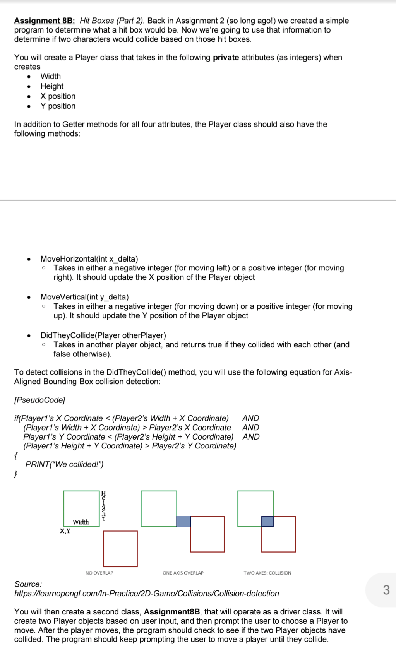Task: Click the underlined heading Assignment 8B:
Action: tap(45, 21)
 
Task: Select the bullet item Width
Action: tap(50, 76)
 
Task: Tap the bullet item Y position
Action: tap(58, 106)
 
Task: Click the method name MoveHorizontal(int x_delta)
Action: tap(89, 259)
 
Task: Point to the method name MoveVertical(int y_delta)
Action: tap(84, 297)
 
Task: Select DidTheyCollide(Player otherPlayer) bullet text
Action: tap(103, 335)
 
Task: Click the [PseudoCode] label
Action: tap(39, 400)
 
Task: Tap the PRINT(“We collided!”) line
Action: tap(64, 464)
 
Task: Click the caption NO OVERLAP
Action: tap(99, 573)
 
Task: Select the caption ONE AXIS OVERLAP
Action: tap(183, 573)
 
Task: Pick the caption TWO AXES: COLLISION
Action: tap(267, 573)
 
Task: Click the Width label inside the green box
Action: tap(81, 522)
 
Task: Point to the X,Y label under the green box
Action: tap(65, 531)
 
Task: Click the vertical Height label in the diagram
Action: tap(103, 506)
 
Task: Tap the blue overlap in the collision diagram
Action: tap(267, 521)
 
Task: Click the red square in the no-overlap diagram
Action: tap(120, 549)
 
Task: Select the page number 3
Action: tap(386, 590)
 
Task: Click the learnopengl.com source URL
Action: tap(146, 593)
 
